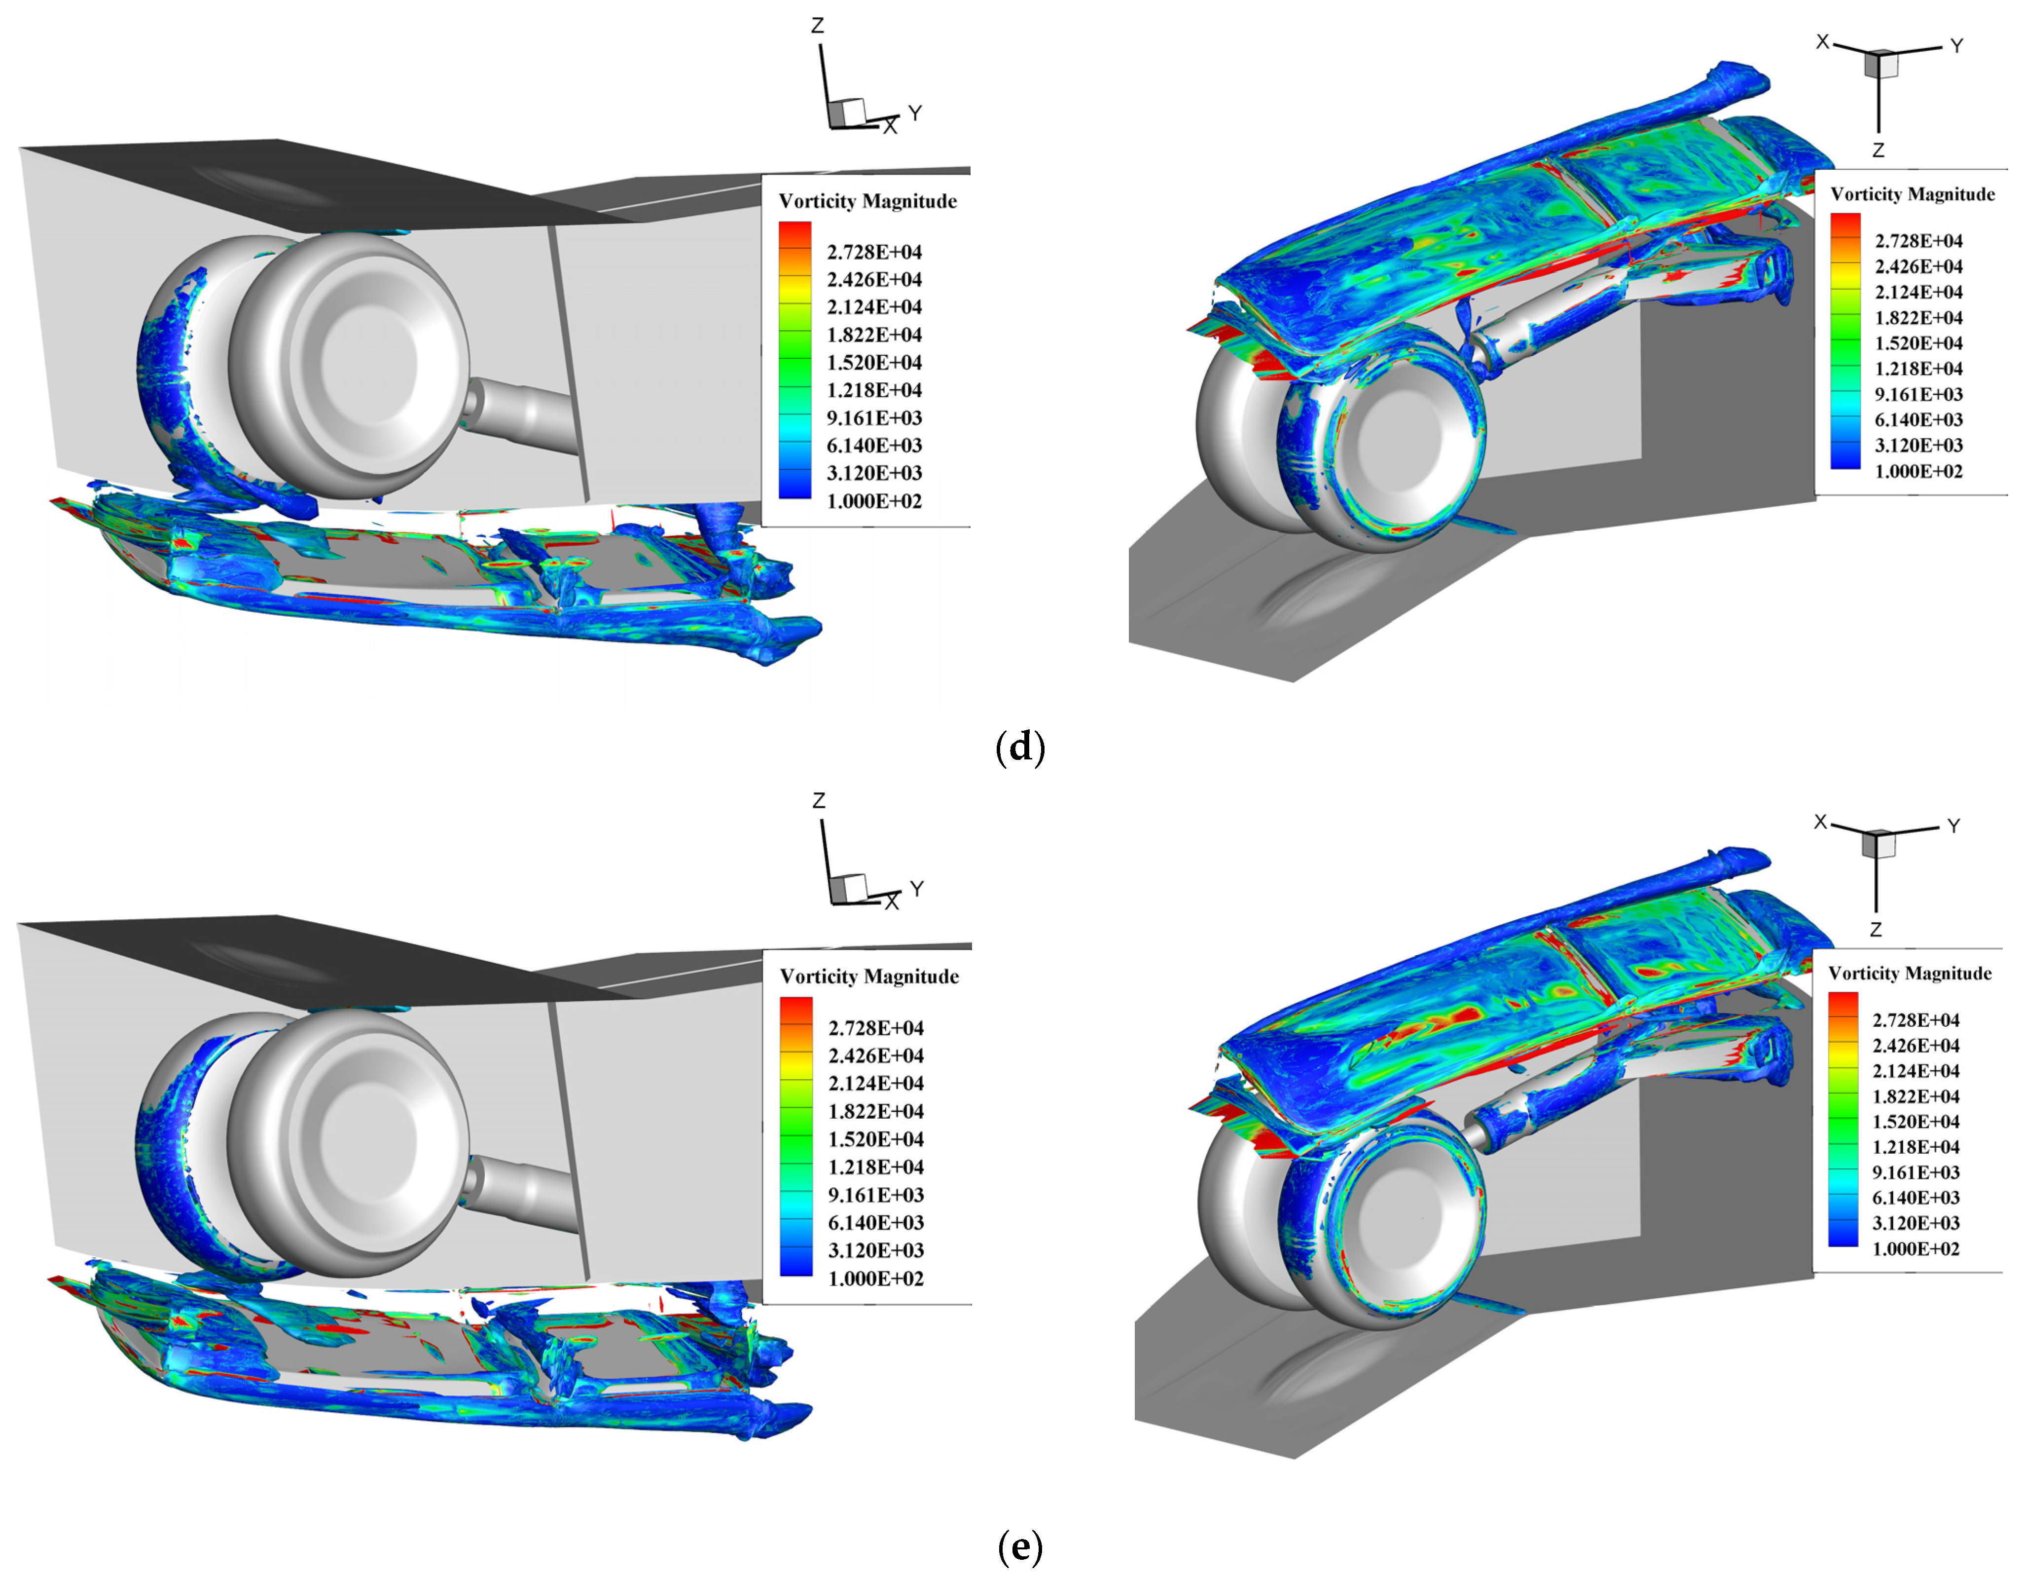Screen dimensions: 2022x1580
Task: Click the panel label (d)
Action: point(1019,747)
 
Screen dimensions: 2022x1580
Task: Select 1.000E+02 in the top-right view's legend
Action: point(1918,471)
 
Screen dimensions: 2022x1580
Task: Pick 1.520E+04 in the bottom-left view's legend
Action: point(876,1139)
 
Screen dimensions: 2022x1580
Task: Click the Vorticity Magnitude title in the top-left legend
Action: point(867,201)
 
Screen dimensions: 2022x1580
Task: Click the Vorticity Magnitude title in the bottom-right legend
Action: point(1910,974)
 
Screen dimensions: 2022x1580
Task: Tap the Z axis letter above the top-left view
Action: point(818,26)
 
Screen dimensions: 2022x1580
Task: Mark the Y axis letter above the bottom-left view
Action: point(917,889)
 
